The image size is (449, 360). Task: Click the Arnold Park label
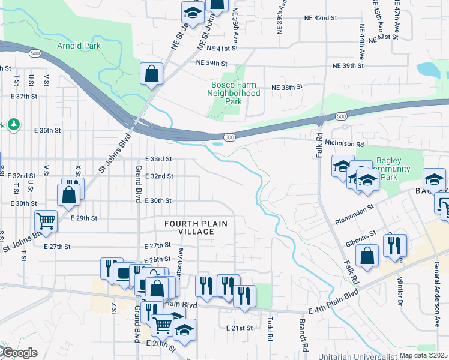click(x=79, y=46)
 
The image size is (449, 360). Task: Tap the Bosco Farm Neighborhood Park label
click(x=234, y=93)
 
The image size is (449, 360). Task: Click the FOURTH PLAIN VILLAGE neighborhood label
click(x=197, y=228)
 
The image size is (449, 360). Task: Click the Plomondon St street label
click(x=354, y=213)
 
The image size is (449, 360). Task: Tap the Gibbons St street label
click(x=360, y=238)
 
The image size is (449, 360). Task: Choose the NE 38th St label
click(x=287, y=87)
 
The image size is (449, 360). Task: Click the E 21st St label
click(x=241, y=328)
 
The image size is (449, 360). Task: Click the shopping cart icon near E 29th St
click(x=45, y=220)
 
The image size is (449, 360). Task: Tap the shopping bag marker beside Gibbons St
click(x=367, y=256)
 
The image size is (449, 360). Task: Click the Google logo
click(x=19, y=353)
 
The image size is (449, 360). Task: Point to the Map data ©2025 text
click(x=423, y=355)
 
